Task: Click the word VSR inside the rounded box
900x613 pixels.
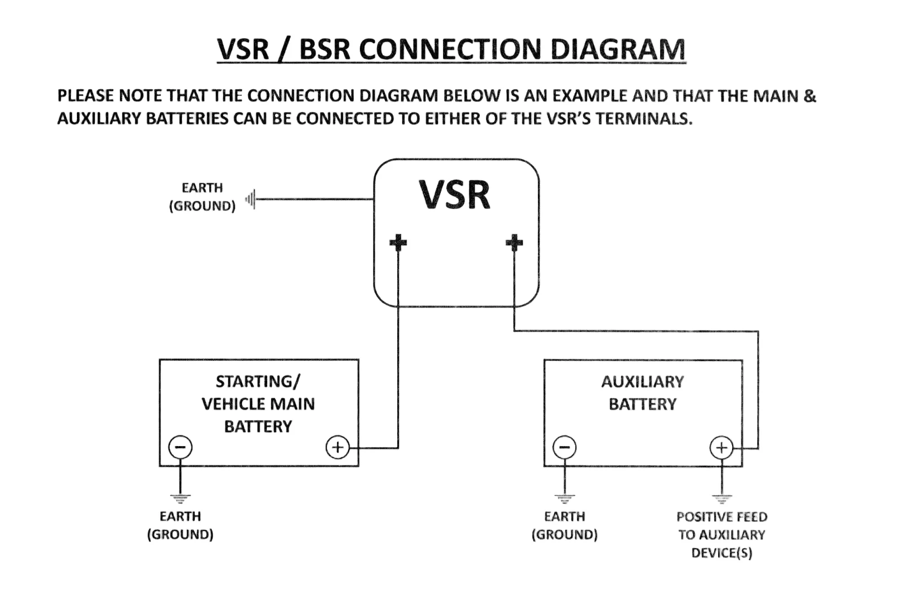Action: point(454,195)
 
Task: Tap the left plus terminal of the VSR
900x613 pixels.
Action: point(398,242)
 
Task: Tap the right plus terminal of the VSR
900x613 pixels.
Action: point(514,242)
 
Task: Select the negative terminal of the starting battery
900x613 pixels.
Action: point(180,447)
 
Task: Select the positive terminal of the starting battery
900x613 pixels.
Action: point(338,447)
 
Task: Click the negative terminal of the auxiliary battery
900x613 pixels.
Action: point(565,447)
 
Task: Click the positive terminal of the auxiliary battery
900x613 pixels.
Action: point(721,447)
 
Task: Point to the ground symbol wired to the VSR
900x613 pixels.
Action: point(251,199)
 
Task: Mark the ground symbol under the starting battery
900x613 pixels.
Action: point(180,499)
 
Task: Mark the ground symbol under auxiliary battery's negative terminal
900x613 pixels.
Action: point(565,499)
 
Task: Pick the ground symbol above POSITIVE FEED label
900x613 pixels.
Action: point(721,499)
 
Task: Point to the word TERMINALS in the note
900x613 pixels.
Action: point(644,118)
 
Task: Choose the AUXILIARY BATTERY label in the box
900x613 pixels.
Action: point(642,392)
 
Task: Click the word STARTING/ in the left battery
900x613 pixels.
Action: point(258,381)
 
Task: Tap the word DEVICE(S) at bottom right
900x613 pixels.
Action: point(721,553)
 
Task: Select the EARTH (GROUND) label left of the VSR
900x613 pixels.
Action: point(202,197)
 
